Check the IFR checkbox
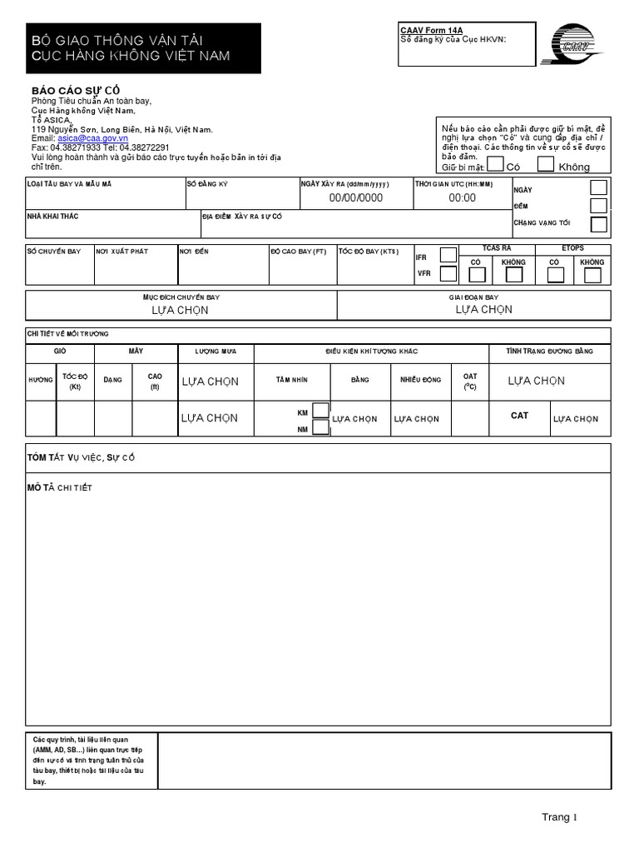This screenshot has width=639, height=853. (448, 255)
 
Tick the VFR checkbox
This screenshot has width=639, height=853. (448, 273)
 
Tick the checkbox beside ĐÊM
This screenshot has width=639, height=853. (598, 206)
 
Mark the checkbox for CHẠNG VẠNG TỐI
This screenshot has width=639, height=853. (598, 224)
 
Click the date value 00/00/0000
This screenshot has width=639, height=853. (355, 197)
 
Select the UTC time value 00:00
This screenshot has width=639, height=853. (462, 197)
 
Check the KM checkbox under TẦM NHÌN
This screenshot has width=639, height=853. (320, 411)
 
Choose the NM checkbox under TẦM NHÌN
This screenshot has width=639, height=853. (320, 428)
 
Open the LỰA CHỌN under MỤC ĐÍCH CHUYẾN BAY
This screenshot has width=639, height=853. (180, 310)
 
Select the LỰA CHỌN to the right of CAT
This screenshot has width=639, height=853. (575, 419)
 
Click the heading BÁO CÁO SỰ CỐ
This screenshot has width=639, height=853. (80, 90)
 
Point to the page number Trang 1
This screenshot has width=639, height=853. (559, 817)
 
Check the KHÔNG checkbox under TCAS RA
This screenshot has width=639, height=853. (514, 275)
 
